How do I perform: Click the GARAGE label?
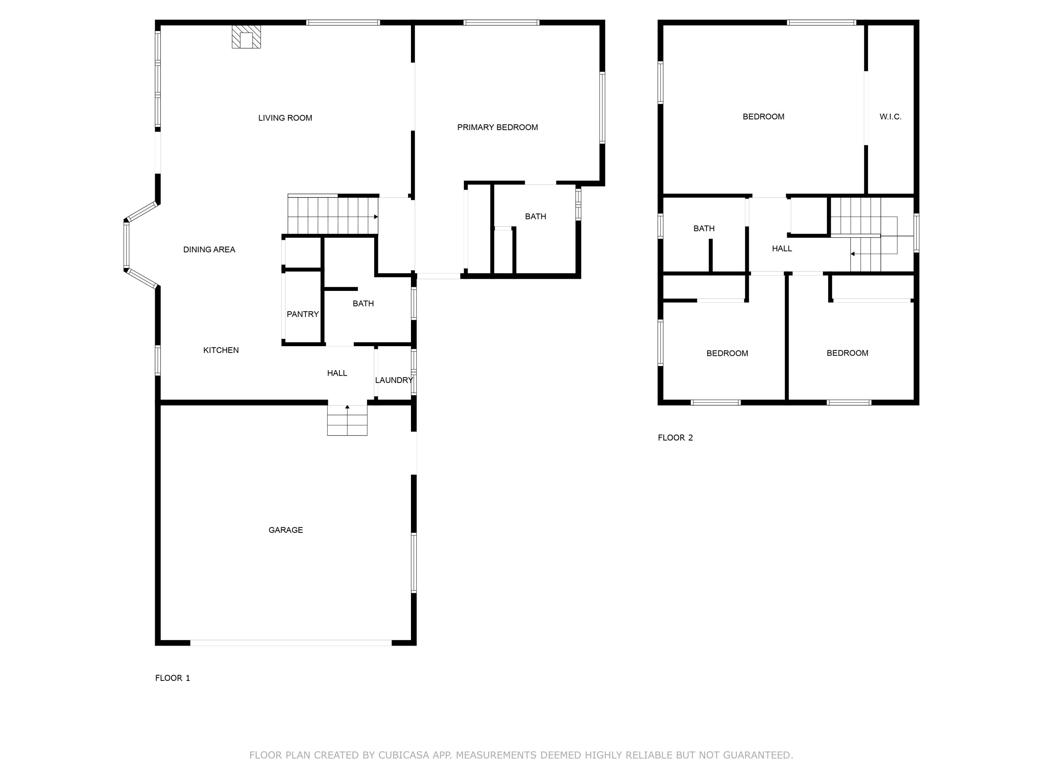point(285,530)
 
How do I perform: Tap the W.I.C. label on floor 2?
point(890,116)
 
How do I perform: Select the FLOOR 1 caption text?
point(172,678)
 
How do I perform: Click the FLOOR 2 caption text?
point(675,438)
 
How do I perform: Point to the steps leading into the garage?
point(347,421)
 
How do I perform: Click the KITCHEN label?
point(221,350)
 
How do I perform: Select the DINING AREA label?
point(209,249)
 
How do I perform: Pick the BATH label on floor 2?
point(704,228)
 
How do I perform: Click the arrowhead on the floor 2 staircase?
point(852,254)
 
